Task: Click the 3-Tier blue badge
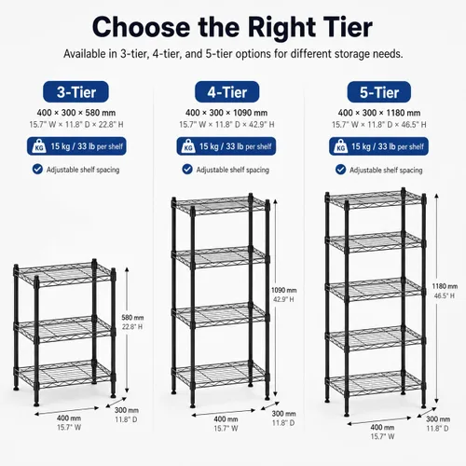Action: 75,92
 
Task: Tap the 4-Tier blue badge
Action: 227,92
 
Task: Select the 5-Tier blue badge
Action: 379,92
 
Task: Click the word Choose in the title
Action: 141,27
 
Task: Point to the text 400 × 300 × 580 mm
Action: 76,113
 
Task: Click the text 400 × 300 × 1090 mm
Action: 226,113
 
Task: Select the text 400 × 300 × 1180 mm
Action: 379,113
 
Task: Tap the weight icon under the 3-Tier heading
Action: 39,146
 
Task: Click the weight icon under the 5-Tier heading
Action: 341,146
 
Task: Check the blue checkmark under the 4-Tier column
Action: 187,170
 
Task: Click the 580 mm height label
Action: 132,318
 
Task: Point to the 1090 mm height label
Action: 284,290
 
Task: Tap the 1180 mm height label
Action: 445,286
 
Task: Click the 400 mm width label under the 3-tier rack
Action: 69,418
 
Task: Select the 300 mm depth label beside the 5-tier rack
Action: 438,419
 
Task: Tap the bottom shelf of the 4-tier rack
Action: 220,374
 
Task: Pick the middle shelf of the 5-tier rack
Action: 376,290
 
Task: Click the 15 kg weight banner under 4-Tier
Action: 226,146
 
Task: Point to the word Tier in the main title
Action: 348,27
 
